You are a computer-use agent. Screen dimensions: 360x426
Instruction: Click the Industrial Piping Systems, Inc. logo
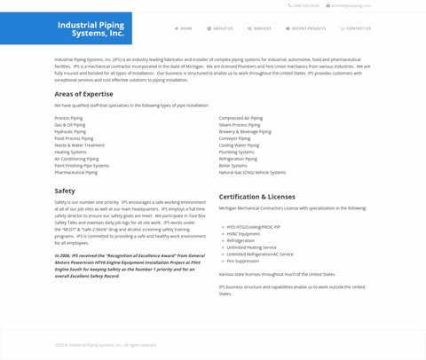coord(91,29)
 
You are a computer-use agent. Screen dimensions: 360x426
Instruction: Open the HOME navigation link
coord(184,28)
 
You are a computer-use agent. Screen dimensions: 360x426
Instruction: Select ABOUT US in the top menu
coord(220,28)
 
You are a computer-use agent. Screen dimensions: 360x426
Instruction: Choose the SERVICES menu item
coord(259,28)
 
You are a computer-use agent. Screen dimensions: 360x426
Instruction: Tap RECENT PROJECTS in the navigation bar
coord(305,28)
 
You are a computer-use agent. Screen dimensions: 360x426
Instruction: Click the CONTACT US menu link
coord(356,28)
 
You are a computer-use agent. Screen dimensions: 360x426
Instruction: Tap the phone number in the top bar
coord(304,6)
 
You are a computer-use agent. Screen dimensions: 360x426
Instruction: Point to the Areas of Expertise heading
coord(83,93)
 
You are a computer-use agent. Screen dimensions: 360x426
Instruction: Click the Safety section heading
coord(65,191)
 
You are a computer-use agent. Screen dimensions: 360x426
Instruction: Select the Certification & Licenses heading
coord(256,196)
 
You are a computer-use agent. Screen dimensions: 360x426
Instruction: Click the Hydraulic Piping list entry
coord(70,131)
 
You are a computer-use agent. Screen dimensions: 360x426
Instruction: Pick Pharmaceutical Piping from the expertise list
coord(75,172)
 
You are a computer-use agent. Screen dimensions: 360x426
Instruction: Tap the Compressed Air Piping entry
coord(241,118)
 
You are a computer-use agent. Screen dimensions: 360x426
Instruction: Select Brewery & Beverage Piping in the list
coord(245,131)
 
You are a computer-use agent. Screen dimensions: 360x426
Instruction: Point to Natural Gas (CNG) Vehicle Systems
coord(252,172)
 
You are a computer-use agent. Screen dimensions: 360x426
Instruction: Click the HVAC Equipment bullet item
coord(243,234)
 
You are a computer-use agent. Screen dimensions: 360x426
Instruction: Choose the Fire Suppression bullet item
coord(242,261)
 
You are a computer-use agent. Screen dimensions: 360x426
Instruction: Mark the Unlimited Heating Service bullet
coord(251,247)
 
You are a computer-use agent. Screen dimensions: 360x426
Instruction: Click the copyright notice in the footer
coord(106,345)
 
